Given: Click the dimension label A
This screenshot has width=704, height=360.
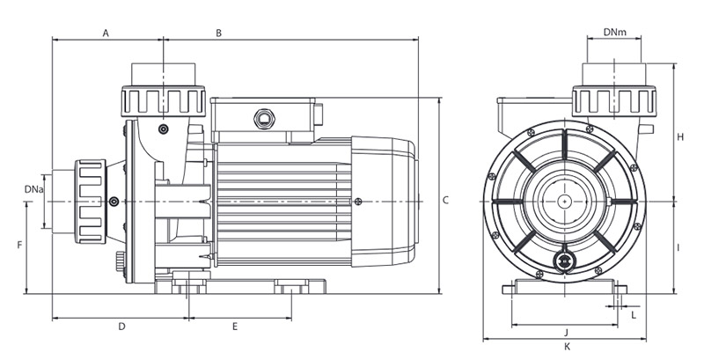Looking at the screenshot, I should pos(106,33).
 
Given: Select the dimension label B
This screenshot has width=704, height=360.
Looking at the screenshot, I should pos(218,33).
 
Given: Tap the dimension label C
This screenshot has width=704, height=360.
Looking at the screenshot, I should pos(445,200).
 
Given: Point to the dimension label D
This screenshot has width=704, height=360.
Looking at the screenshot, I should pos(121,327).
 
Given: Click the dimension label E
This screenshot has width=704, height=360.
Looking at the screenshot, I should pos(235,327).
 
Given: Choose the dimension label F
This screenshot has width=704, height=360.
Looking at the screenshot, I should pos(18,246).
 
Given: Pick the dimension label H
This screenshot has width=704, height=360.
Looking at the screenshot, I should pos(680,137).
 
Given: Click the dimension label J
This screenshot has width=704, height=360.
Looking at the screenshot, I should pos(566,331).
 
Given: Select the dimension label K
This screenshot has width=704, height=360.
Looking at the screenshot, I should pos(566,347).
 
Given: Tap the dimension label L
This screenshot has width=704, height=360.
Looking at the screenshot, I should pos(633,312).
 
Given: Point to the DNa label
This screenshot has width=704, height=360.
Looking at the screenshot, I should pos(32,188).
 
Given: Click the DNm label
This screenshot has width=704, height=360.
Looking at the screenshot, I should pos(615,33).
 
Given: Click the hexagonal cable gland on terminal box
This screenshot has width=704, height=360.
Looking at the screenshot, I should pos(261,117).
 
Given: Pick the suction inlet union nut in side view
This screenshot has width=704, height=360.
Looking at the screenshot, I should pos(91,201).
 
